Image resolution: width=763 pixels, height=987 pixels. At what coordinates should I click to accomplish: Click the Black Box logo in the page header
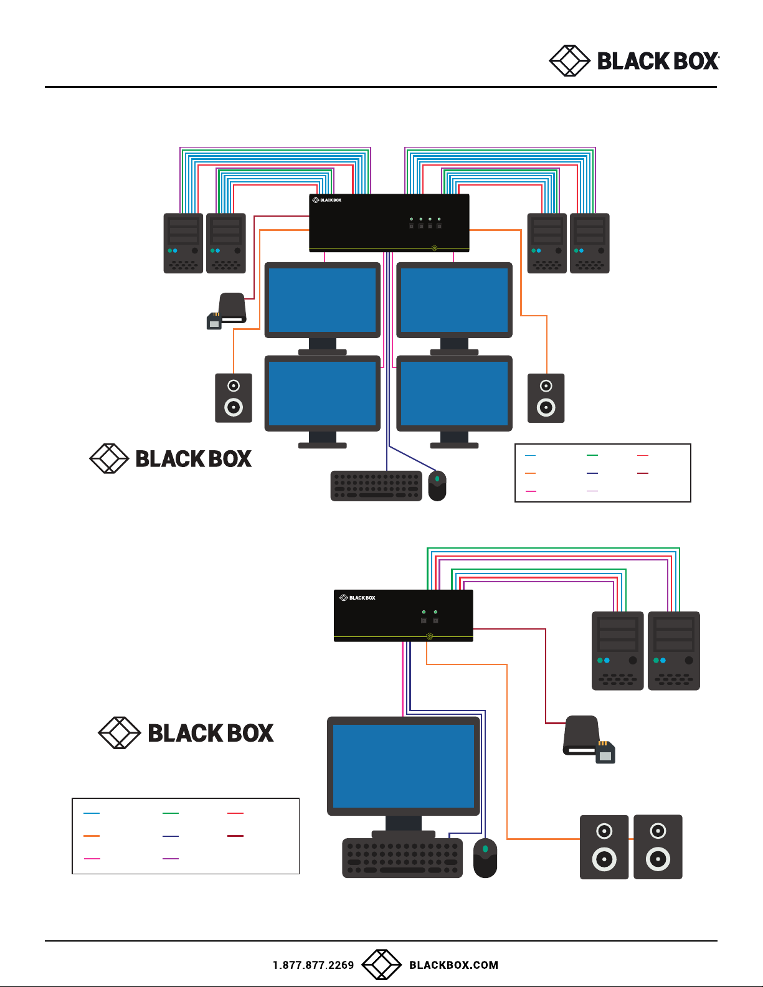[634, 61]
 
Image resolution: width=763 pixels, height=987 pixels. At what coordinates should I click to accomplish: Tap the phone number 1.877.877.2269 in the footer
[313, 965]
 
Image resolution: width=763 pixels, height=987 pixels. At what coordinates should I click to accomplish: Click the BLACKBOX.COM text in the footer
[453, 965]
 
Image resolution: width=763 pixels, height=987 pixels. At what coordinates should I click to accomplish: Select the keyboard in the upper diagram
[376, 486]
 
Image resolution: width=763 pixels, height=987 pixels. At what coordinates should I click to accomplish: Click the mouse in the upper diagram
[437, 486]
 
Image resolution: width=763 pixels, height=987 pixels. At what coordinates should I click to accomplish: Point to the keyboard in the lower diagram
[402, 858]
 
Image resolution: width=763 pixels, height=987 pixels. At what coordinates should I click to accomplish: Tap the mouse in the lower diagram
[485, 858]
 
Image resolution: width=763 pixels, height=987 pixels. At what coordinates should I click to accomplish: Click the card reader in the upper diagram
[227, 311]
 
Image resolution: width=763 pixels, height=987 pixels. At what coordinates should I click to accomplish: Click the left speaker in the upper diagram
[234, 398]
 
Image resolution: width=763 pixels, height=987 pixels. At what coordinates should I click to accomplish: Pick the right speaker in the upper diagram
[546, 398]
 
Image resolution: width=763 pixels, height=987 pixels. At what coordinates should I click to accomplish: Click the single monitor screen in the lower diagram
[404, 766]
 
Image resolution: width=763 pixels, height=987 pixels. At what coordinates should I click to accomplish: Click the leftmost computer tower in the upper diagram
[183, 243]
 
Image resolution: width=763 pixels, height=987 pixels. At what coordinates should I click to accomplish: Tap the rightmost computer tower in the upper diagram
[589, 243]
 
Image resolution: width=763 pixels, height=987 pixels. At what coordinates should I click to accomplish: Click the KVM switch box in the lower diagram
[404, 615]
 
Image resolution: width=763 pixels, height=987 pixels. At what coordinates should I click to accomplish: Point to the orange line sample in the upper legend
[530, 473]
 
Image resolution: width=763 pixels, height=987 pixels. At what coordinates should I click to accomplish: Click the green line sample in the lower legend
[170, 813]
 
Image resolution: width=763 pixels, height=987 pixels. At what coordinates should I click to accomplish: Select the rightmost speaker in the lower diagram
[658, 847]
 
